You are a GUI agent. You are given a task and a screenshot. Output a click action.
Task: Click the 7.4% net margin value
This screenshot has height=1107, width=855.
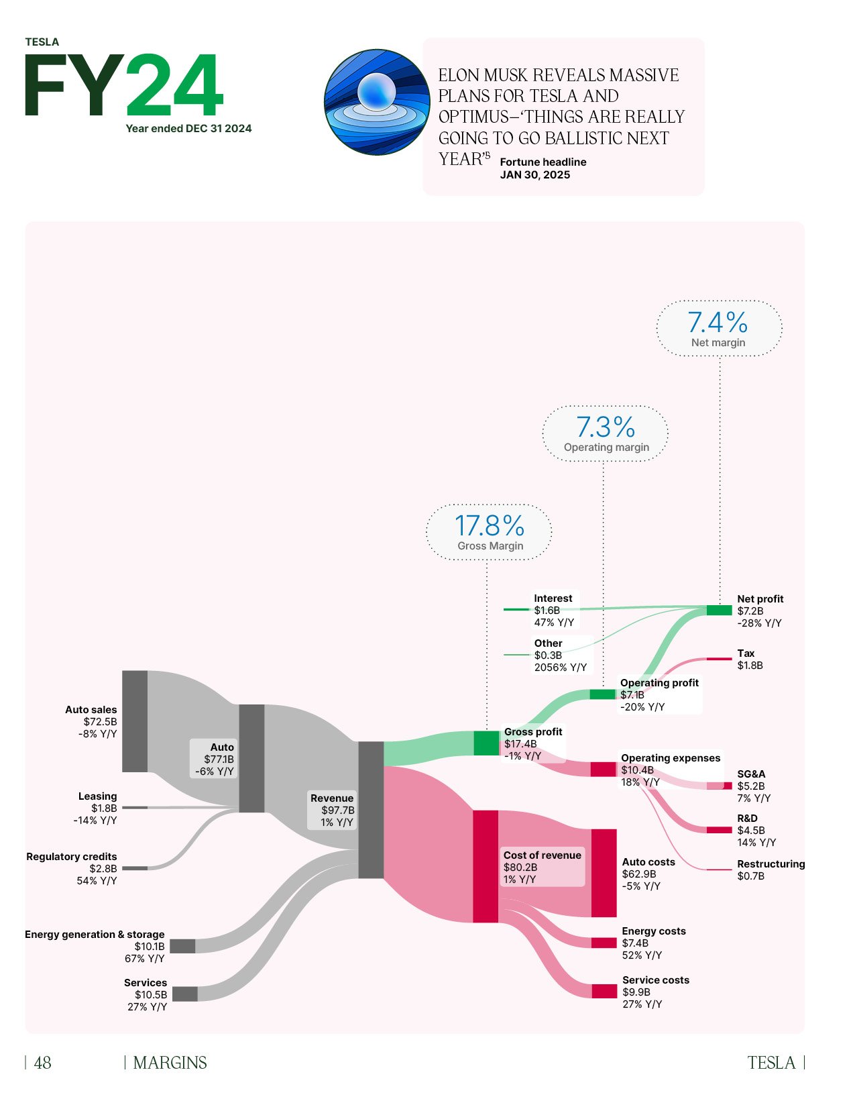[718, 323]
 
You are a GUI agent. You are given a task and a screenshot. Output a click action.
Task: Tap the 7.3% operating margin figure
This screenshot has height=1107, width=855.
[606, 427]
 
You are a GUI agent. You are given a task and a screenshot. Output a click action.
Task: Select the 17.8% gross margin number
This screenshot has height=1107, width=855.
[490, 525]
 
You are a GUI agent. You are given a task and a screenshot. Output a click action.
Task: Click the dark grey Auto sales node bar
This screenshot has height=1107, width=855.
[135, 721]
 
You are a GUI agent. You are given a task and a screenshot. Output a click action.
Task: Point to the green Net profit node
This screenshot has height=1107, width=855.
[719, 610]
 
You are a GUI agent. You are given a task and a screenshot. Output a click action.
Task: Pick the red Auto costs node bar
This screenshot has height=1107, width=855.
[604, 873]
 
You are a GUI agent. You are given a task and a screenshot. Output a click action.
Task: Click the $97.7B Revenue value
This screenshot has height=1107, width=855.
[337, 810]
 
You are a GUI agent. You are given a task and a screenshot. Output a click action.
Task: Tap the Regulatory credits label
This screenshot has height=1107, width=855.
[72, 857]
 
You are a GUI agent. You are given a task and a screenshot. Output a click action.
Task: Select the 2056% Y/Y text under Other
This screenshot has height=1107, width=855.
[560, 668]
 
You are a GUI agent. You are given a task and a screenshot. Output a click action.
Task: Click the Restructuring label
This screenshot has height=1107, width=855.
[771, 864]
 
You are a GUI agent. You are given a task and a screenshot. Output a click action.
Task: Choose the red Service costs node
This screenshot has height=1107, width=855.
[604, 991]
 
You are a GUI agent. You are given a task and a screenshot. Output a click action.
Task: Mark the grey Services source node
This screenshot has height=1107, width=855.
[185, 994]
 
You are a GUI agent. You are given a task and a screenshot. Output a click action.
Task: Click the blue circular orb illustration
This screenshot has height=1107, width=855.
[376, 102]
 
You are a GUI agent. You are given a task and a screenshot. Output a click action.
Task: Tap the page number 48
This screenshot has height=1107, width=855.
[42, 1063]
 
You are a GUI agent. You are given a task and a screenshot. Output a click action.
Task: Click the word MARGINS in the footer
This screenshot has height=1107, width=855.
[170, 1063]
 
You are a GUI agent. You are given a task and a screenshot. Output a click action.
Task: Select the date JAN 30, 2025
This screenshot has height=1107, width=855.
[534, 175]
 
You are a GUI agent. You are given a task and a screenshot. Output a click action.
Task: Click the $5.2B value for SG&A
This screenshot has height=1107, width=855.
[750, 786]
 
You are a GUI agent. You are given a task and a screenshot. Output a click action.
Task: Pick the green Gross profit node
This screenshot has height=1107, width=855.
[486, 743]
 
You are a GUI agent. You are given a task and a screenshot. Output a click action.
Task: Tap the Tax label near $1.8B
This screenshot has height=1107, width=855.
[746, 653]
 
